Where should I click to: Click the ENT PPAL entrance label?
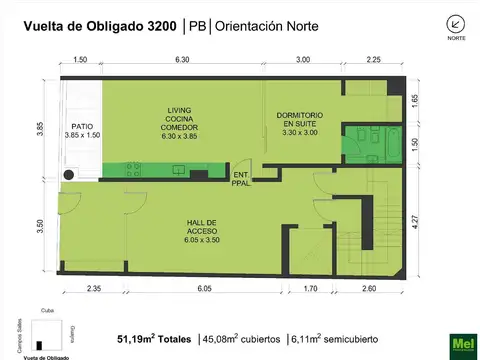pyautogui.click(x=240, y=178)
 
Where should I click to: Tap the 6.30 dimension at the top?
pyautogui.click(x=181, y=60)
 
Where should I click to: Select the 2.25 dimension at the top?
pyautogui.click(x=373, y=60)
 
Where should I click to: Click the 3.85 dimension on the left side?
pyautogui.click(x=41, y=131)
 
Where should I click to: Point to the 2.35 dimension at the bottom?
pyautogui.click(x=93, y=288)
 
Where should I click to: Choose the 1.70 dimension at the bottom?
pyautogui.click(x=310, y=288)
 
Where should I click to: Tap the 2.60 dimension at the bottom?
pyautogui.click(x=368, y=288)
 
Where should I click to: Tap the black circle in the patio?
pyautogui.click(x=69, y=174)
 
